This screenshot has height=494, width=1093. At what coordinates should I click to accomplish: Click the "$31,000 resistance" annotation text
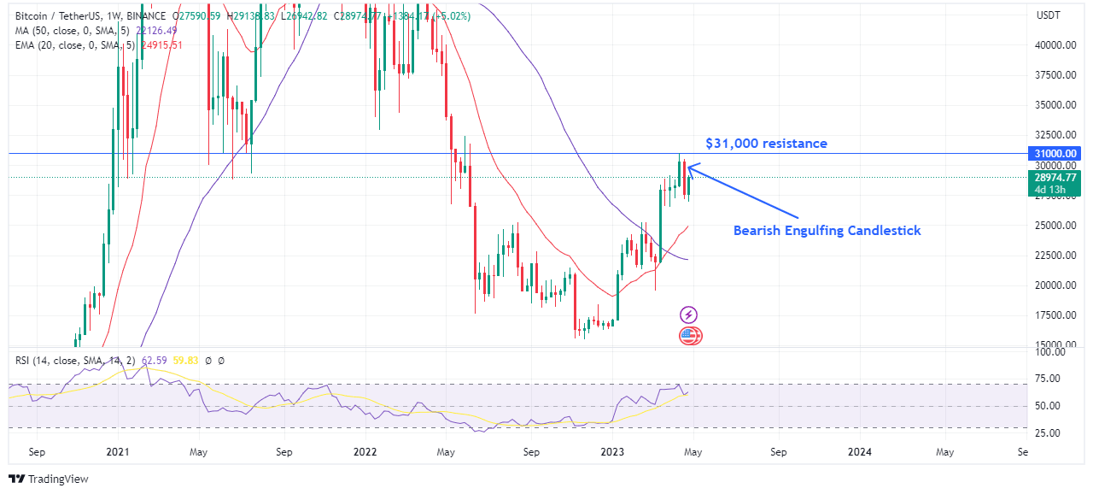click(766, 144)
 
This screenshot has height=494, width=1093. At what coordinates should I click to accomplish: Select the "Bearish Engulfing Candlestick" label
click(827, 231)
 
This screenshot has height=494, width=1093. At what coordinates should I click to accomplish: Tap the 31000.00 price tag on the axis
click(1055, 153)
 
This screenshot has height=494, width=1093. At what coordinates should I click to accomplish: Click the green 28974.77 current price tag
click(1055, 178)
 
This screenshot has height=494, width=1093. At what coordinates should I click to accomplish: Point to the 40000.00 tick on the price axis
click(1055, 45)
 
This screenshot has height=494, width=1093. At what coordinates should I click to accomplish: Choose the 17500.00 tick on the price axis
click(1055, 315)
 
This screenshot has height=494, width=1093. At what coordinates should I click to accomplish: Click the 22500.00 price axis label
click(1055, 256)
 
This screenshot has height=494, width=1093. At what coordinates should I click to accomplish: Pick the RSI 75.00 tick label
click(1049, 379)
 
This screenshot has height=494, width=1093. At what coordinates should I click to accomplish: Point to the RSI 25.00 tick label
click(1049, 432)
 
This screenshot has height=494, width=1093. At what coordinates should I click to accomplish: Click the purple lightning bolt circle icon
click(688, 315)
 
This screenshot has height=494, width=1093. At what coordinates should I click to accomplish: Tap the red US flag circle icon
click(690, 336)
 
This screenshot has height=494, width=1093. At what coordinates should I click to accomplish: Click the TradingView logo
click(49, 479)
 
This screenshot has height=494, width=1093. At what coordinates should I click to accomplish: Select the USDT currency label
click(1048, 15)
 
